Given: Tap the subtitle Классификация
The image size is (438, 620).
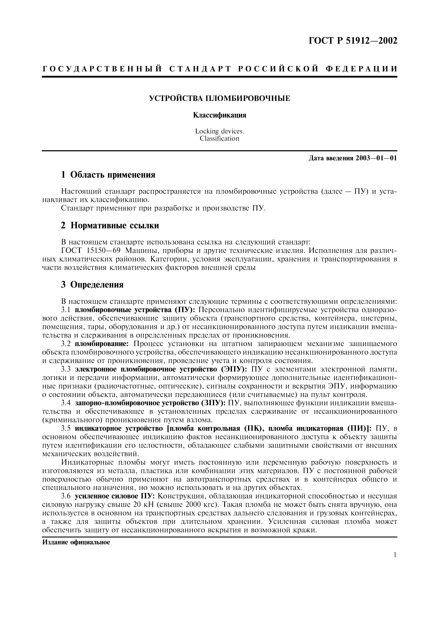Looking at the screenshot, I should click(220, 115).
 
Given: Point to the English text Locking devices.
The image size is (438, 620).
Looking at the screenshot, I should click(220, 131).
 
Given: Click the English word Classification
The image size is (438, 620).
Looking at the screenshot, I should click(220, 139).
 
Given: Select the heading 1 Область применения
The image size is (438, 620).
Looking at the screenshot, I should click(108, 175).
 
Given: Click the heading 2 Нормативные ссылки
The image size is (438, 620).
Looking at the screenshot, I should click(110, 226).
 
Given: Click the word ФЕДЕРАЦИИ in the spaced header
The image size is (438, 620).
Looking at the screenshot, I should click(362, 69).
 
